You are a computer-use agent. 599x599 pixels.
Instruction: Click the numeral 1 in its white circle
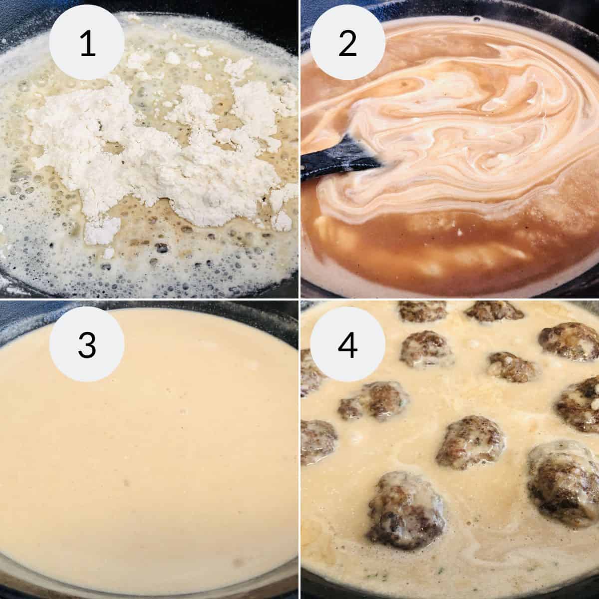point(87,44)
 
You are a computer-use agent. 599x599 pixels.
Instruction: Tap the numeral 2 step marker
point(347,44)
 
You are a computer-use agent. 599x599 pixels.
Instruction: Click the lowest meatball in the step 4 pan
point(404,504)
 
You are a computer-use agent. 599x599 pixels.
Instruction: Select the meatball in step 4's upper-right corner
point(569,342)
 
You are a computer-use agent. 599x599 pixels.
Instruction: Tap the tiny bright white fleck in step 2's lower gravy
point(458,232)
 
